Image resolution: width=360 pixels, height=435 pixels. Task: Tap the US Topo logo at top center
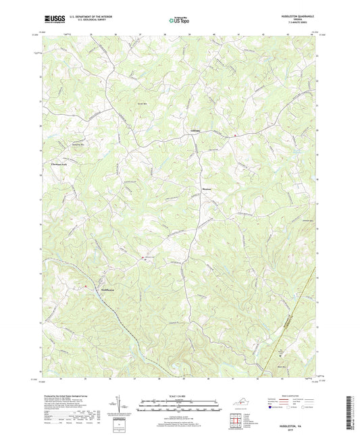tap(178, 21)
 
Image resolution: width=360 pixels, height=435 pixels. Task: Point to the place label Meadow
tap(207, 189)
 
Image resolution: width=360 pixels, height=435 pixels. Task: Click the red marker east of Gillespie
tap(234, 134)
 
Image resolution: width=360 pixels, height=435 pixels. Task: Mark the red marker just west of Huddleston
tap(86, 286)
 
